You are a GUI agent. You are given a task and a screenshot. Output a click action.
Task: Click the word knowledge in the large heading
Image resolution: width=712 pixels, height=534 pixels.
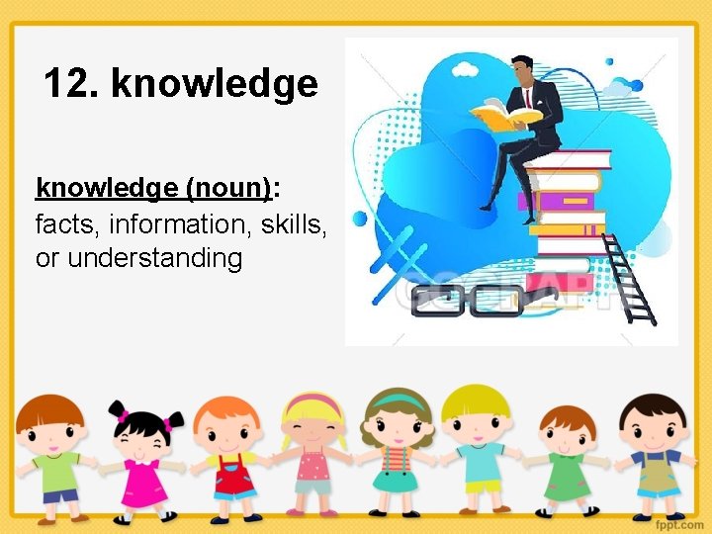pyautogui.click(x=215, y=84)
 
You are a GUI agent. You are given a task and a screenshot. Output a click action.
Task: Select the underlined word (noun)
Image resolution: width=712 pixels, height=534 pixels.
pyautogui.click(x=227, y=188)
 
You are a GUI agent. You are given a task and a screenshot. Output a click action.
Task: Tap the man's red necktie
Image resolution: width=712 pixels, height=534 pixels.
pyautogui.click(x=529, y=98)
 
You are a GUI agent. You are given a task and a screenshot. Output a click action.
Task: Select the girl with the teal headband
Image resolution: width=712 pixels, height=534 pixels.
pyautogui.click(x=396, y=450)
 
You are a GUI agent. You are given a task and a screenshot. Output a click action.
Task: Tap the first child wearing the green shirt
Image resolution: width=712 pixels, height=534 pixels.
pyautogui.click(x=49, y=455)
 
